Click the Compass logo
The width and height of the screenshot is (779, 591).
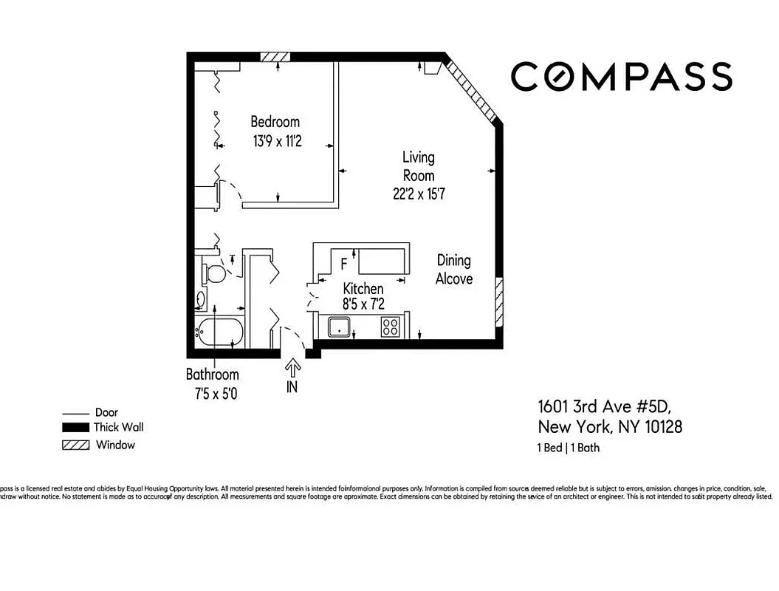pyautogui.click(x=621, y=76)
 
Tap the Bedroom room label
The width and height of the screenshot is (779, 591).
pyautogui.click(x=275, y=122)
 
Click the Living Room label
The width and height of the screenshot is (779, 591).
pyautogui.click(x=418, y=166)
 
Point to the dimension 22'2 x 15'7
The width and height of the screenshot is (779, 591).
pyautogui.click(x=418, y=194)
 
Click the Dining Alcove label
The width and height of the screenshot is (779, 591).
pyautogui.click(x=453, y=270)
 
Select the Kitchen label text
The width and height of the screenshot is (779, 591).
pyautogui.click(x=363, y=289)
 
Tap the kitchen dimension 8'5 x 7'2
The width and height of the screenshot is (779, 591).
pyautogui.click(x=363, y=304)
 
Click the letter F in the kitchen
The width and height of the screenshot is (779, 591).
pyautogui.click(x=343, y=264)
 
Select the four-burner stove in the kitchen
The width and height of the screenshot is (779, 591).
pyautogui.click(x=390, y=327)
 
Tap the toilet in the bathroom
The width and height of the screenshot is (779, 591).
pyautogui.click(x=214, y=273)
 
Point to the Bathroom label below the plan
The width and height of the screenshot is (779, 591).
pyautogui.click(x=212, y=375)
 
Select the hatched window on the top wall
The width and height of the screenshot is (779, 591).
pyautogui.click(x=275, y=57)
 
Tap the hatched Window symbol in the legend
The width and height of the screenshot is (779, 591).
pyautogui.click(x=75, y=445)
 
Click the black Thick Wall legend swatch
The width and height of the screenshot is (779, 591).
pyautogui.click(x=75, y=427)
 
